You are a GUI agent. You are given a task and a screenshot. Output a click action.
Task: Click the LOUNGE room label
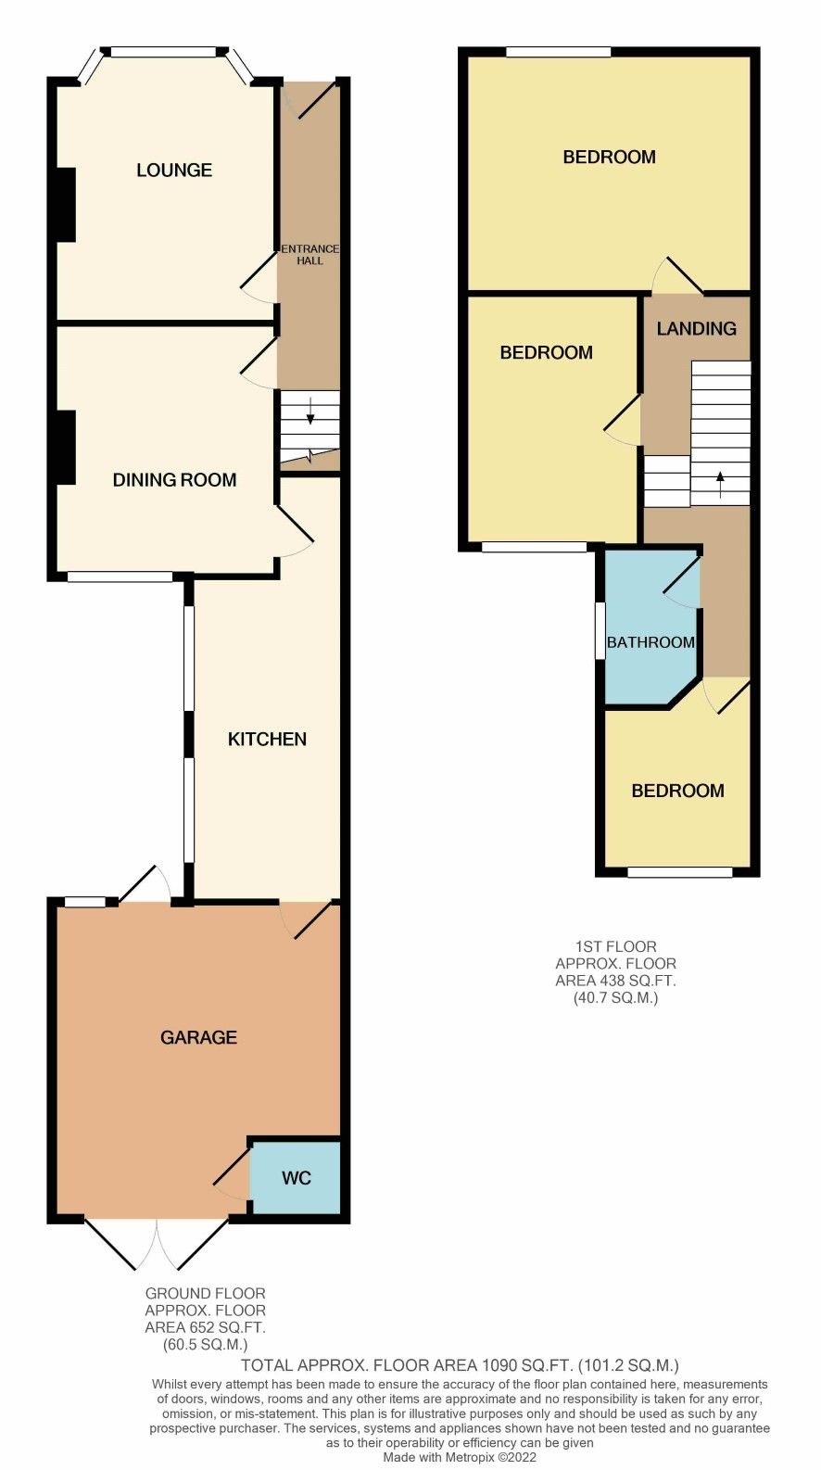pos(174,170)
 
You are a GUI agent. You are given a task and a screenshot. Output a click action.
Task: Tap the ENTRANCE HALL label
pos(309,255)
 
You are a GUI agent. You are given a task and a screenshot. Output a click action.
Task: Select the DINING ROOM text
pos(174,479)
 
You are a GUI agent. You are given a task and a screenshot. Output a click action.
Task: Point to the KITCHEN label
pos(267,739)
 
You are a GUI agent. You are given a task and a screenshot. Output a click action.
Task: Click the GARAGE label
pos(198,1037)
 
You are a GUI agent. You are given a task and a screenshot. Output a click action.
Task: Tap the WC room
pos(296,1178)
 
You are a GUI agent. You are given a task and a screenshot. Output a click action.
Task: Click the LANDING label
pos(696,328)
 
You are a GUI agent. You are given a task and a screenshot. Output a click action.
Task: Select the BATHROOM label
pos(650,642)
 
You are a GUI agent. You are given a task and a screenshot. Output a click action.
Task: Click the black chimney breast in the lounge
pos(65,205)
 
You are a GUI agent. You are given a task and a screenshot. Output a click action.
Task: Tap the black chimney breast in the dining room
pos(65,447)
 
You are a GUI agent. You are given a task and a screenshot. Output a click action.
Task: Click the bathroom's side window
pos(600,630)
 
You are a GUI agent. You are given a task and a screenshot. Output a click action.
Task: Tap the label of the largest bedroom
pos(609,157)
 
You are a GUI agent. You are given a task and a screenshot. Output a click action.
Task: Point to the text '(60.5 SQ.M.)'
pos(205,1344)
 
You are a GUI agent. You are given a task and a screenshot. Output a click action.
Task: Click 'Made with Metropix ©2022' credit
pos(460,1457)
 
